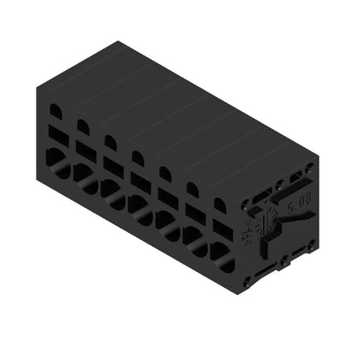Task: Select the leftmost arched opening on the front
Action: pyautogui.click(x=55, y=112)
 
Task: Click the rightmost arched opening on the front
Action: pyautogui.click(x=221, y=206)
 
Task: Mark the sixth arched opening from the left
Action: pyautogui.click(x=193, y=190)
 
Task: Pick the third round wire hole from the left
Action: pyautogui.click(x=109, y=190)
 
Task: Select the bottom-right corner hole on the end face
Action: pyautogui.click(x=309, y=245)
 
